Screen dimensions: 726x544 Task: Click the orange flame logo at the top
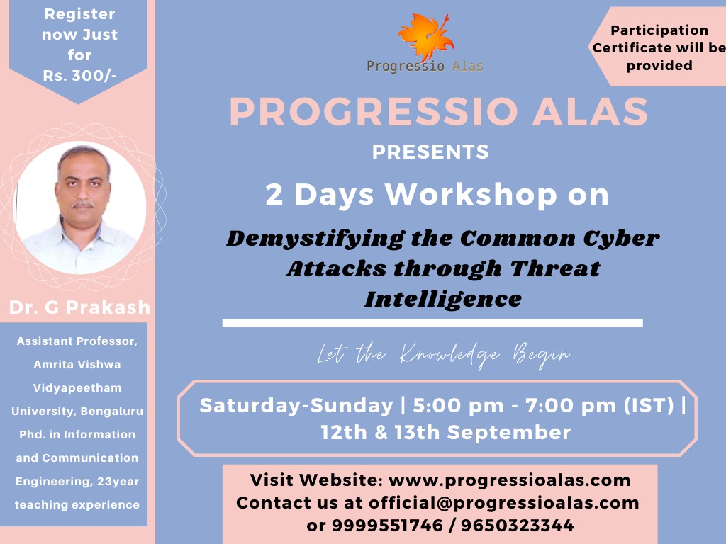click(x=426, y=37)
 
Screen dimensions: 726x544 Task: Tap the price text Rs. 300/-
click(x=79, y=75)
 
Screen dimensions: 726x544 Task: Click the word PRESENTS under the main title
click(x=430, y=152)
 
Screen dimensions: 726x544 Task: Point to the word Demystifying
click(x=315, y=239)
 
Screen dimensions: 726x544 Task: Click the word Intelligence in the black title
click(x=443, y=298)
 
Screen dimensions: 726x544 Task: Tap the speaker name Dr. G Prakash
click(x=79, y=307)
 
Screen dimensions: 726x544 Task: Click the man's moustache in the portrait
click(x=83, y=204)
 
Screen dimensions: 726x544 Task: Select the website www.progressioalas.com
click(x=509, y=480)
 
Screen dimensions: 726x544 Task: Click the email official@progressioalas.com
click(x=504, y=502)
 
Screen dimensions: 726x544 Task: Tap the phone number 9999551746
click(x=387, y=525)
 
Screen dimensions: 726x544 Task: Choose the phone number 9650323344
click(x=517, y=525)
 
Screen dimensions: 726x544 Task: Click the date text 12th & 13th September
click(x=446, y=433)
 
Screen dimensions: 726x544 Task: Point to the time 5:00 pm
click(x=458, y=406)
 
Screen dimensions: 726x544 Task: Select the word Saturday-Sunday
click(x=296, y=406)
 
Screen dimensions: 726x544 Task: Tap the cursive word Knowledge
click(x=449, y=356)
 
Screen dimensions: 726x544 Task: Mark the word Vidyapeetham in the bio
click(x=77, y=387)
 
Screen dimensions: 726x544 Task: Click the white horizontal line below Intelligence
click(x=432, y=323)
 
